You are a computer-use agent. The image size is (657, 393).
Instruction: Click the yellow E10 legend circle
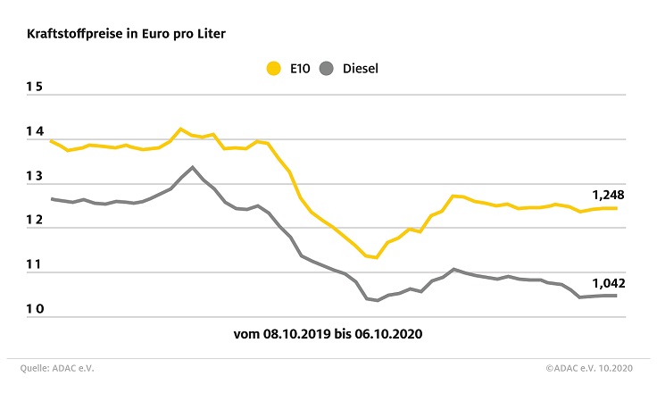tap(274, 68)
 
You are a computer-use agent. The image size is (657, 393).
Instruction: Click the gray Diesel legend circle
tap(328, 68)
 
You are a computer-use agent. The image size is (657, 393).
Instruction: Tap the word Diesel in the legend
tap(361, 68)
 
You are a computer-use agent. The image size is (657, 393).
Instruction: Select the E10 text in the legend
tap(300, 68)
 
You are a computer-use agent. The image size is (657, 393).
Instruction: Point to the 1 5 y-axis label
tap(35, 88)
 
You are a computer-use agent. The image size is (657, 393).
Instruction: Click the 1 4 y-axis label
tap(35, 132)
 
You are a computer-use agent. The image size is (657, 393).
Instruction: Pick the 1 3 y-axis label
tap(35, 177)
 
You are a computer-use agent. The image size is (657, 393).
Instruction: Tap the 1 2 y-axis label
tap(35, 221)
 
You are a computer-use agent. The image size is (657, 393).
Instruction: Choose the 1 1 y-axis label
tap(35, 265)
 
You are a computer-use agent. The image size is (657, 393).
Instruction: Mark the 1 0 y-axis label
tap(35, 310)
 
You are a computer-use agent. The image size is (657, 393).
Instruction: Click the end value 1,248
tap(607, 194)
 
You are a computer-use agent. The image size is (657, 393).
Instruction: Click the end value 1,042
tap(607, 282)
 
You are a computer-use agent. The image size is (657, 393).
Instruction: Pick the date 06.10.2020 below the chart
tap(388, 336)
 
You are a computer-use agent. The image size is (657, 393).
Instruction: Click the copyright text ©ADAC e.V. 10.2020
tap(591, 367)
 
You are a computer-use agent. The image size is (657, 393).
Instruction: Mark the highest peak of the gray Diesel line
tap(192, 167)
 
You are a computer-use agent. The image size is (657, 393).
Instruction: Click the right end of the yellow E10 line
tap(616, 208)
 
